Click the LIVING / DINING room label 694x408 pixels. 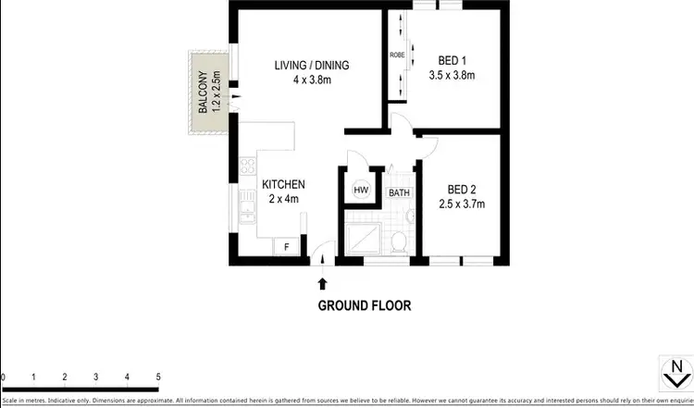point(311,65)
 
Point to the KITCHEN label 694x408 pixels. point(282,184)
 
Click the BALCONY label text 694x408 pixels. point(204,92)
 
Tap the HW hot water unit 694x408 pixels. point(360,192)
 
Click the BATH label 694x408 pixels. point(399,192)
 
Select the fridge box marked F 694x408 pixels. point(287,247)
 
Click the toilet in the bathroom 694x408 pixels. point(399,241)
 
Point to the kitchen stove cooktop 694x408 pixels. point(247,167)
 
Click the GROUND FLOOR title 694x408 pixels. point(365,305)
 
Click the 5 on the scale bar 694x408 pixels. point(158,377)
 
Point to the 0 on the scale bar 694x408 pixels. point(4,377)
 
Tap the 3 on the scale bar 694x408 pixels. point(96,377)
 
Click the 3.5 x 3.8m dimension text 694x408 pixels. point(452,75)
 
